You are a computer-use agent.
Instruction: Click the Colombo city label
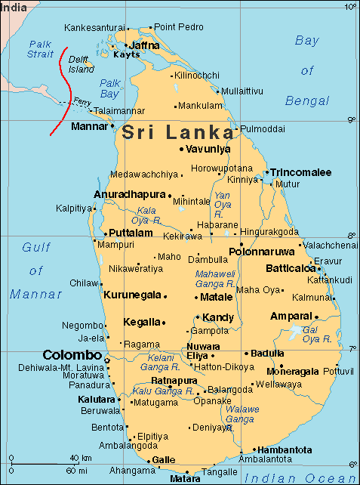(x=72, y=355)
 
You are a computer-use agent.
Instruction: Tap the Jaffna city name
(x=145, y=45)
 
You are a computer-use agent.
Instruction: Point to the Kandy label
(x=219, y=317)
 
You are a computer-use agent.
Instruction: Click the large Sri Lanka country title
(x=178, y=132)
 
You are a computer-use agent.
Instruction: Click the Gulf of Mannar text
(x=35, y=270)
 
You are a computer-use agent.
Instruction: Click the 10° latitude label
(x=349, y=7)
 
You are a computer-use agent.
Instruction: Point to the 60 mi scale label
(x=76, y=469)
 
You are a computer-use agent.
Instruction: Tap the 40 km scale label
(x=81, y=459)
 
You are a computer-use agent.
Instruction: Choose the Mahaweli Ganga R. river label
(x=215, y=279)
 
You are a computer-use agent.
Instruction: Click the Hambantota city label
(x=285, y=448)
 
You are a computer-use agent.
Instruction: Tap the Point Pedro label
(x=179, y=27)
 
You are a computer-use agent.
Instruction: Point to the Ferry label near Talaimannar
(x=84, y=101)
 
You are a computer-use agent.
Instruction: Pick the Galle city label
(x=164, y=459)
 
